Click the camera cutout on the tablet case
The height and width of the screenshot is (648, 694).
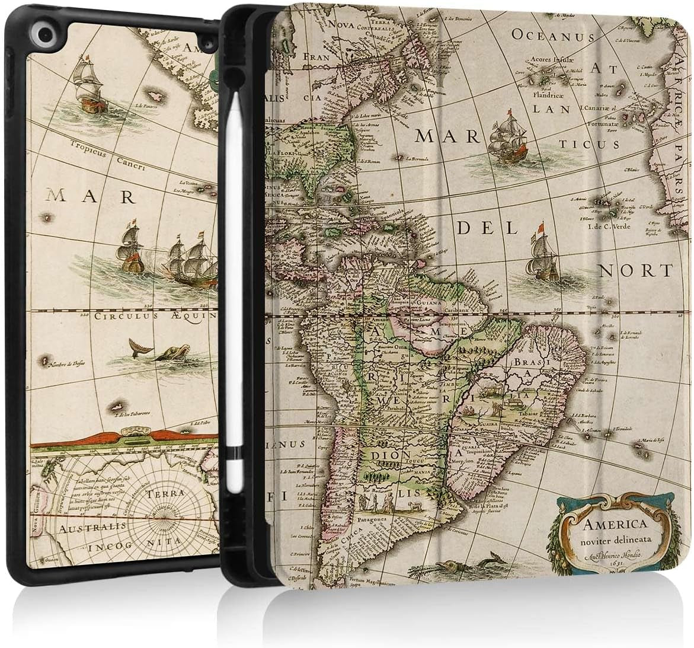click(27, 32)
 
